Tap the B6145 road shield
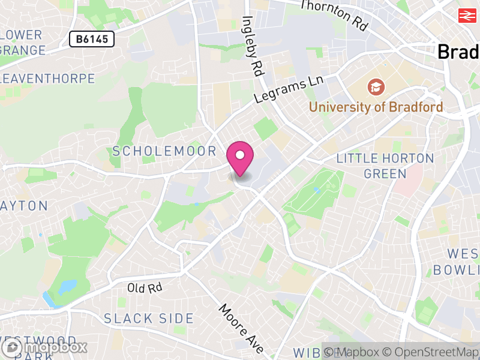(x=91, y=40)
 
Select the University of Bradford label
(x=376, y=107)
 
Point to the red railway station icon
(x=466, y=16)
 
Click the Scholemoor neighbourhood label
(x=164, y=151)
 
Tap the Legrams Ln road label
(x=289, y=89)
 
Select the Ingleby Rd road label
(x=253, y=45)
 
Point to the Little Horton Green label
(x=385, y=166)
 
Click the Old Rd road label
(x=145, y=288)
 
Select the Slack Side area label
(x=149, y=319)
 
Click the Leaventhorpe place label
(x=48, y=79)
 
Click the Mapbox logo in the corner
(x=45, y=347)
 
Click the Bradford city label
(x=459, y=52)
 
